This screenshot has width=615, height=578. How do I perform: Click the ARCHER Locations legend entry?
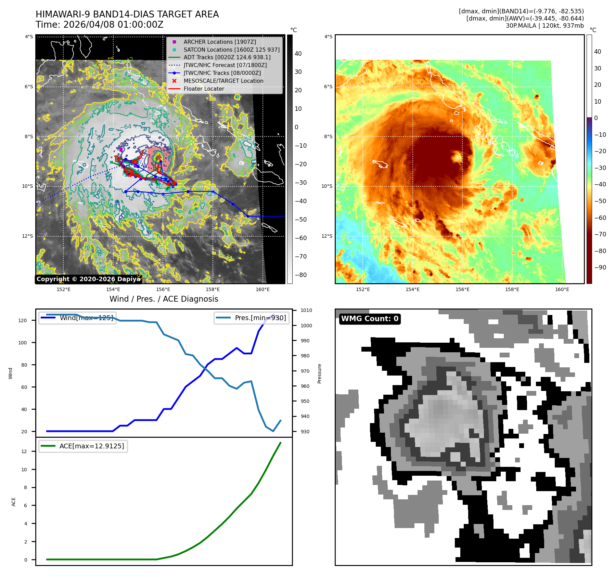pyautogui.click(x=219, y=42)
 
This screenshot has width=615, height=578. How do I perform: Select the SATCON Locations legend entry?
pyautogui.click(x=231, y=50)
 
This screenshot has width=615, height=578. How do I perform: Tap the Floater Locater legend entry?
pyautogui.click(x=204, y=89)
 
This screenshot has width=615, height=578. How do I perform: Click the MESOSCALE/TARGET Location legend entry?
pyautogui.click(x=223, y=81)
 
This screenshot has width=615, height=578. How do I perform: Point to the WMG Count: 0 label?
pyautogui.click(x=370, y=319)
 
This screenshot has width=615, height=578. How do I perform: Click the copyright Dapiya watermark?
pyautogui.click(x=88, y=279)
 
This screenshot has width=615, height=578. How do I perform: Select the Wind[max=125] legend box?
pyautogui.click(x=78, y=318)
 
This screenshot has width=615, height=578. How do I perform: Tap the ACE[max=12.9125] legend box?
pyautogui.click(x=83, y=446)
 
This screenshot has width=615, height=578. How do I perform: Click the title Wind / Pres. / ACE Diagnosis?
pyautogui.click(x=164, y=299)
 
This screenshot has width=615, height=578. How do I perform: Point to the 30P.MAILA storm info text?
pyautogui.click(x=544, y=26)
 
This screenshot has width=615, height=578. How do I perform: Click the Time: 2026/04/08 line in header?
pyautogui.click(x=99, y=25)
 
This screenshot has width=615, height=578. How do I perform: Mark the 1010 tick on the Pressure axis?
pyautogui.click(x=306, y=311)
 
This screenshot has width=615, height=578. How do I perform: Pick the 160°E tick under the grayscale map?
pyautogui.click(x=262, y=289)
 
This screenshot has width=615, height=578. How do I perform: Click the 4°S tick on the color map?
pyautogui.click(x=328, y=37)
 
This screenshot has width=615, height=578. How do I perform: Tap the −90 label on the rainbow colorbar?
pyautogui.click(x=600, y=267)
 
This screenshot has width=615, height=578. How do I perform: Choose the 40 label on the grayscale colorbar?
pyautogui.click(x=298, y=54)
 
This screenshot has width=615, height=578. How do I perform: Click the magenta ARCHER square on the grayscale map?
pyautogui.click(x=121, y=149)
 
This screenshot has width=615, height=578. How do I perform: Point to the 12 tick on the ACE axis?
pyautogui.click(x=24, y=451)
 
